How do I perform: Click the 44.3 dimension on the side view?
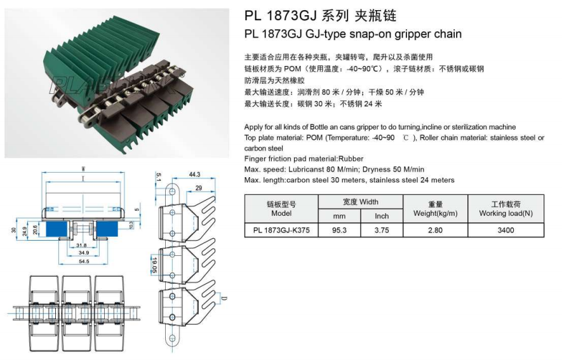click(x=194, y=175)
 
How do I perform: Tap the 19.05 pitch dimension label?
click(x=154, y=265)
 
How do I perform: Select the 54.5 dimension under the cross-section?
click(x=84, y=262)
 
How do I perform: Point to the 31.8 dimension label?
click(x=81, y=245)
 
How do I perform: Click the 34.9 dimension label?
click(x=84, y=253)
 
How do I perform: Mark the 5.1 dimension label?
click(x=159, y=177)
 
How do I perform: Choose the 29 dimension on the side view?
click(x=199, y=188)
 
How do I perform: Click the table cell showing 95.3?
click(x=339, y=230)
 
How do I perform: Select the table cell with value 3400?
click(x=505, y=230)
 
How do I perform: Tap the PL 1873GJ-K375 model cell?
click(x=281, y=230)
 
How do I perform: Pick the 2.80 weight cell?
click(x=435, y=230)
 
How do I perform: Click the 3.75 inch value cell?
click(x=382, y=230)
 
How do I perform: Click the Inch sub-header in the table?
click(x=382, y=216)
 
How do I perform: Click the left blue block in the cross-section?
click(x=57, y=229)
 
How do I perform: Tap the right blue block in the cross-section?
click(x=107, y=229)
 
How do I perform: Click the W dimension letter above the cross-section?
click(x=84, y=169)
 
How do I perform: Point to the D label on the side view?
click(x=224, y=298)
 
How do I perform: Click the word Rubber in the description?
click(x=351, y=159)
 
